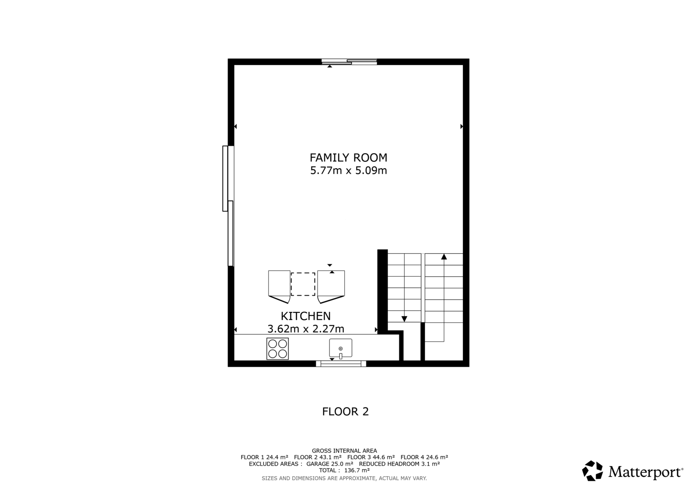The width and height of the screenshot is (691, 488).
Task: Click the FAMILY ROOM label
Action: (348, 157)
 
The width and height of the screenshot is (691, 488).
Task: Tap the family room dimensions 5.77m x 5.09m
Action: (348, 170)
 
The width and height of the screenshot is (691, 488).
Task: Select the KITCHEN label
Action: (305, 316)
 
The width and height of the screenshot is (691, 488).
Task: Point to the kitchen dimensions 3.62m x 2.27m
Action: (305, 329)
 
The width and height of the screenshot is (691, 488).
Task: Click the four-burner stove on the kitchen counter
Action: (277, 349)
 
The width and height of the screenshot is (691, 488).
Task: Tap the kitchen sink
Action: (341, 348)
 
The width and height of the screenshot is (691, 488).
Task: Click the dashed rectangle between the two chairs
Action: (303, 284)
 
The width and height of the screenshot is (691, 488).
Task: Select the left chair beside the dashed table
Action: (279, 287)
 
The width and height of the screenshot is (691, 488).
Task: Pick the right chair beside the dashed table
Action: (331, 287)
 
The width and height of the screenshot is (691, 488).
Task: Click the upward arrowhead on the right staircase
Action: (444, 256)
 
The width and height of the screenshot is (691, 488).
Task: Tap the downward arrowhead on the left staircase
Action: (404, 319)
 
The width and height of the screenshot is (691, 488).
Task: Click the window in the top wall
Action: (349, 62)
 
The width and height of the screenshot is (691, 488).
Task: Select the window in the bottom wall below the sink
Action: (341, 364)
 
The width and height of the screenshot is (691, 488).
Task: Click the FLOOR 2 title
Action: (345, 412)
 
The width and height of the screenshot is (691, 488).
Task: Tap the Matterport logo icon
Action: (592, 471)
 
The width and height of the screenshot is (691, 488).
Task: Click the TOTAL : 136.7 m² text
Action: (344, 470)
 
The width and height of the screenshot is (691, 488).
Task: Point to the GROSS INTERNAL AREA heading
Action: (344, 451)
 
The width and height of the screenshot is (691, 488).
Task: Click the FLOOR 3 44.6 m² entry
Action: (371, 457)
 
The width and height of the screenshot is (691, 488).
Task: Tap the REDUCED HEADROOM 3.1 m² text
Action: (399, 464)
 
